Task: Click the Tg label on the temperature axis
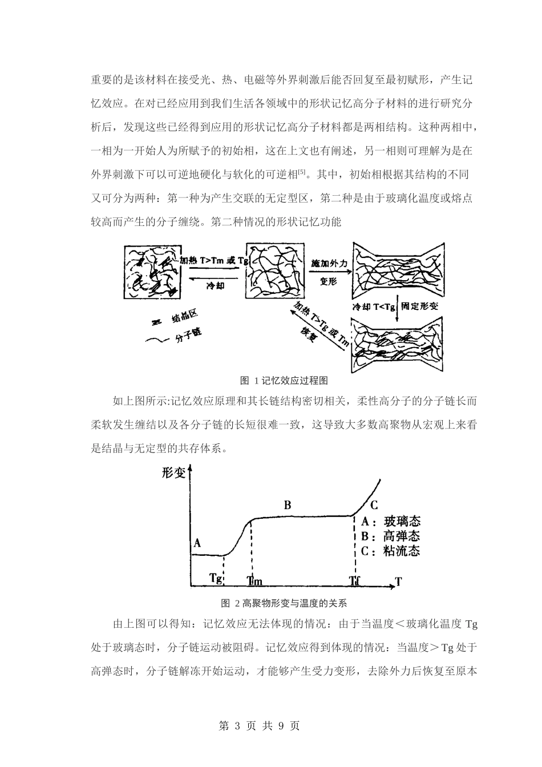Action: tap(216, 578)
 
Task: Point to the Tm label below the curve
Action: tap(254, 581)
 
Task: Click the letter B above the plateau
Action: tap(288, 505)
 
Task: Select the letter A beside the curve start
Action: tap(197, 543)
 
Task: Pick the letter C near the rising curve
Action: tap(374, 505)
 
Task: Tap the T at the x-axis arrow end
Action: tap(398, 582)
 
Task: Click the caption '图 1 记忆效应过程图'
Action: tap(284, 380)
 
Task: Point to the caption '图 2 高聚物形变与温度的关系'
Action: tap(284, 603)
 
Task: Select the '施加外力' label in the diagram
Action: tap(329, 263)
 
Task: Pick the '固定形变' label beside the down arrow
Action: tap(419, 306)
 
